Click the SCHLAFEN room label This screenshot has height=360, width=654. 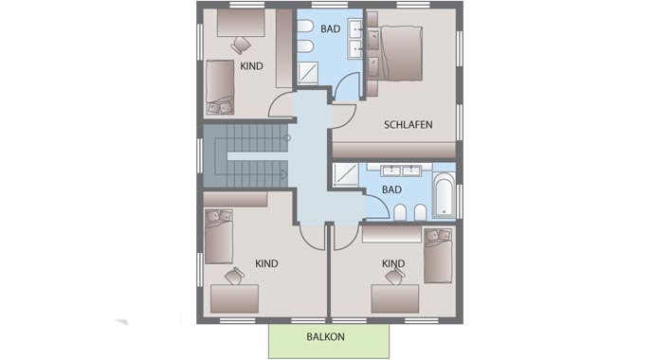pos(409,124)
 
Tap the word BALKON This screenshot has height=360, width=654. pos(325,337)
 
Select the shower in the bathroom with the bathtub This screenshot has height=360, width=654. pos(345,176)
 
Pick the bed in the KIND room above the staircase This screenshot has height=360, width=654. pos(220,80)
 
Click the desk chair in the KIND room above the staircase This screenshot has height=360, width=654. pos(241,44)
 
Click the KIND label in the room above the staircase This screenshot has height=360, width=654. pos(251,65)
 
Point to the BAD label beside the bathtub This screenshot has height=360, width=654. pos(391,189)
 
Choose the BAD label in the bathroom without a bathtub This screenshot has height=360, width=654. pos(330,29)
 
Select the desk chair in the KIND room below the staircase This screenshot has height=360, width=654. pos(233,277)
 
